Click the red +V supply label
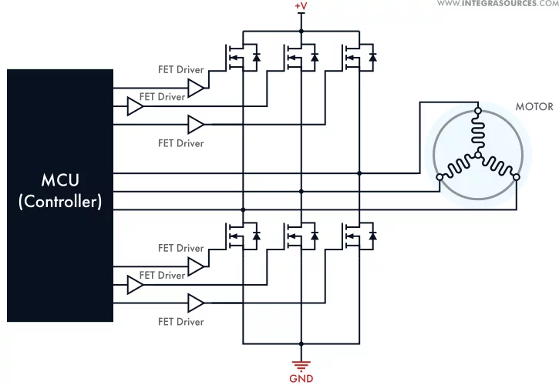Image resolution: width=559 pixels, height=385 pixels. (301, 7)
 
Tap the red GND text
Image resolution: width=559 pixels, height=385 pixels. (301, 378)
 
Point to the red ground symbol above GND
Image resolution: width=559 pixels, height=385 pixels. (301, 364)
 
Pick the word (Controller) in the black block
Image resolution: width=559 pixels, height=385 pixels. (60, 202)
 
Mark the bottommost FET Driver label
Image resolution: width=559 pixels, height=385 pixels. (181, 322)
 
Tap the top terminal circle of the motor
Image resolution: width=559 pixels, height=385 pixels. (478, 111)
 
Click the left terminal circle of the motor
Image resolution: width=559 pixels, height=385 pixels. (439, 177)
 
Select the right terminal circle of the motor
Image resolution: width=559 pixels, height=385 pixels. (516, 177)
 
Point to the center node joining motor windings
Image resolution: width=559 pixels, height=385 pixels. (478, 156)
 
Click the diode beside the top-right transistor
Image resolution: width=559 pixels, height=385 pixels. (372, 57)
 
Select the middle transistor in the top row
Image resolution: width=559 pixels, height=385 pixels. (294, 58)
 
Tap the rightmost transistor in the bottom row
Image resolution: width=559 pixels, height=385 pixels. (352, 234)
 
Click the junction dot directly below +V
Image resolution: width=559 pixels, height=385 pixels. (301, 32)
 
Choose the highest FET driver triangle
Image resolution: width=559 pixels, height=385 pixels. (197, 89)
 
